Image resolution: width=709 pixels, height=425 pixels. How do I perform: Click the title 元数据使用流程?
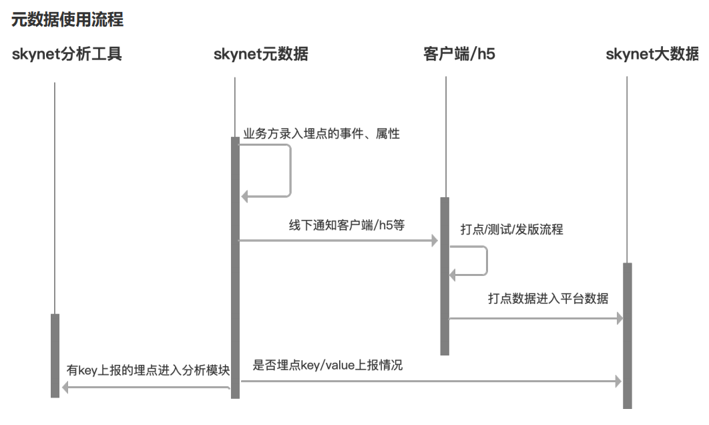tap(67, 21)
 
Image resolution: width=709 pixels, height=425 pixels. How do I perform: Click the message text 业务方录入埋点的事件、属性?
tap(321, 134)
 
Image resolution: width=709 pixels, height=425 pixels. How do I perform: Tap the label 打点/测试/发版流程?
tap(512, 230)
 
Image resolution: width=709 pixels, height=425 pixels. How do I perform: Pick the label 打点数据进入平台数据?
tap(548, 298)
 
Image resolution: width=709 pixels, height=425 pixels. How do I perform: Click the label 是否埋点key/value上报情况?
tap(328, 366)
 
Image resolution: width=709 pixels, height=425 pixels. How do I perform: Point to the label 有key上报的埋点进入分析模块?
tap(148, 370)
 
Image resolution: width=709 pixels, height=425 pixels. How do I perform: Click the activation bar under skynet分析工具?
tap(55, 355)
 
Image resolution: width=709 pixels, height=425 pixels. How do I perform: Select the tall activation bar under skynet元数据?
tap(235, 267)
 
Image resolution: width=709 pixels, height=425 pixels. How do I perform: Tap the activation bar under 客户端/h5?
tap(445, 275)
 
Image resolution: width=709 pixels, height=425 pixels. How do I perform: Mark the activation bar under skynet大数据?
tap(627, 334)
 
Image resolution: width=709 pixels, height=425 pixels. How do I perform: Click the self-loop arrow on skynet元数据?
tap(290, 170)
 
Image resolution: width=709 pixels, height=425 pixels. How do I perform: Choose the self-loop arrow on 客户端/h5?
tap(486, 261)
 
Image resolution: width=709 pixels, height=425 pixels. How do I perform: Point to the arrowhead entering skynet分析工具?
tap(65, 387)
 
